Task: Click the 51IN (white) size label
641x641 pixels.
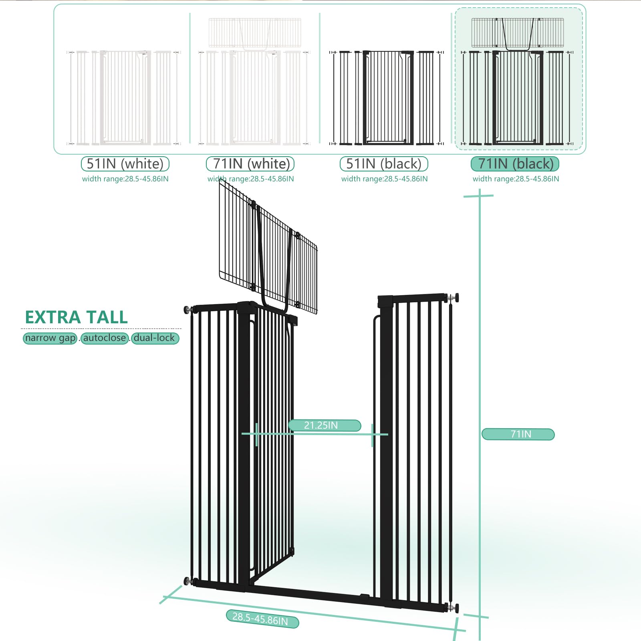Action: (125, 164)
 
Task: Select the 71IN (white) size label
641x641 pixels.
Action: (250, 164)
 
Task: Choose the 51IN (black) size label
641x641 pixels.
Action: (384, 164)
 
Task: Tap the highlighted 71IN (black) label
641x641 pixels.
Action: (515, 164)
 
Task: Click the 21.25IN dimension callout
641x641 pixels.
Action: (325, 425)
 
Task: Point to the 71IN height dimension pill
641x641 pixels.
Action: (518, 434)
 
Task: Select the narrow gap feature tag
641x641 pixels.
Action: (50, 338)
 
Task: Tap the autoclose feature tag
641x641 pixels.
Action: (105, 338)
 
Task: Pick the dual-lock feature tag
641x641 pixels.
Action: (155, 338)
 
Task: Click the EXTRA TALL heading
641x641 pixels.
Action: (76, 317)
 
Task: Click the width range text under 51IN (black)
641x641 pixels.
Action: (384, 179)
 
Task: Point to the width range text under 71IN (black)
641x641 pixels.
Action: (516, 179)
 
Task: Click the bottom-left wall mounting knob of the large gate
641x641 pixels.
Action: (187, 581)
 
